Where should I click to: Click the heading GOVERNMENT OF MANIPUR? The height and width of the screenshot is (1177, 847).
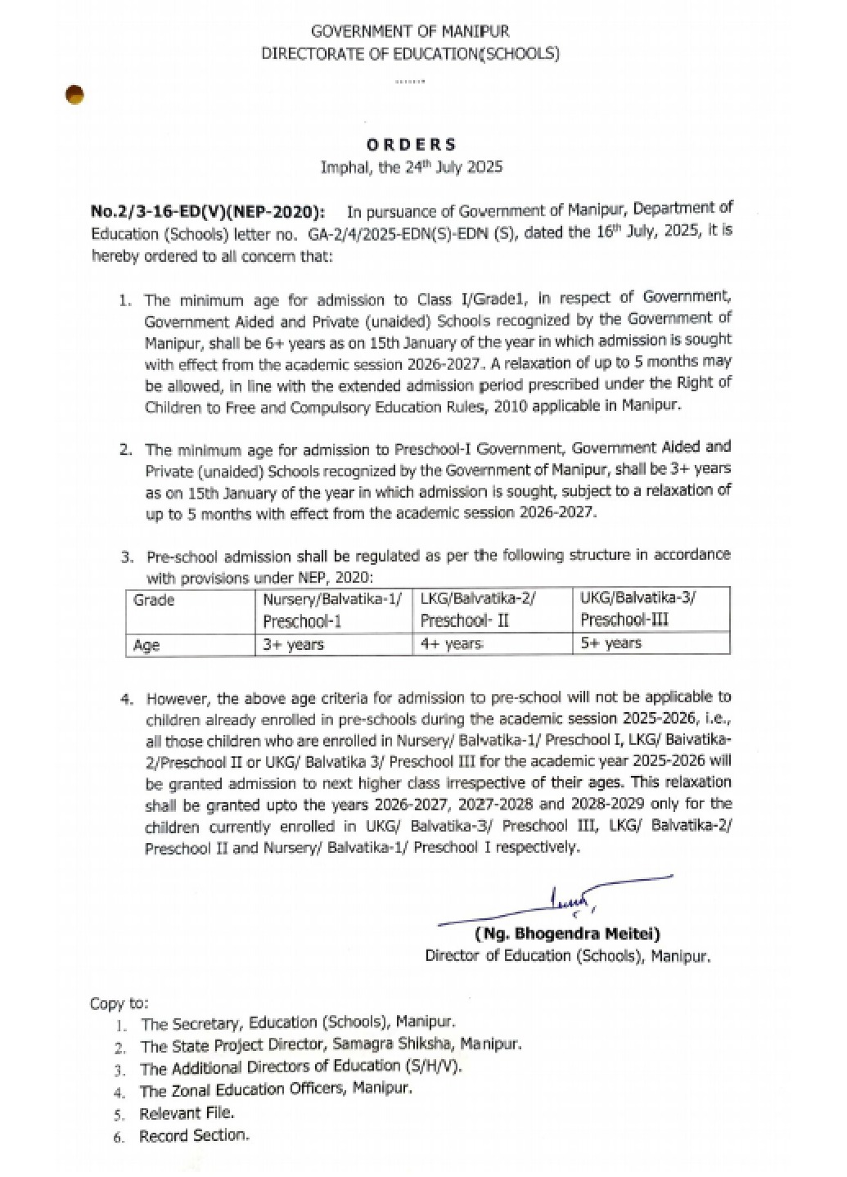click(410, 32)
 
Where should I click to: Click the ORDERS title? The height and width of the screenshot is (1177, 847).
click(412, 145)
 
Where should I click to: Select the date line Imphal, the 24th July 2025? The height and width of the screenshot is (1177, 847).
click(412, 167)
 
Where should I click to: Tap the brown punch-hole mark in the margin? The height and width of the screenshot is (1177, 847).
click(75, 94)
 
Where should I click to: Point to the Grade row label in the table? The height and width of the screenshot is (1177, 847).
click(155, 600)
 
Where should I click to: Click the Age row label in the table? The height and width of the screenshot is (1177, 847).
click(146, 645)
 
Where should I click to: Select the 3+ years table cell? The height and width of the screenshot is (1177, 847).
click(294, 645)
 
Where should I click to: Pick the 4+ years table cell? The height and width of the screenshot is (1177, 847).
click(451, 644)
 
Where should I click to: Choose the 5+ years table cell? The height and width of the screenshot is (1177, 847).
click(611, 643)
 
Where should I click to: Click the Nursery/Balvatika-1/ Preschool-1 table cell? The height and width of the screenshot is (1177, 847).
click(332, 610)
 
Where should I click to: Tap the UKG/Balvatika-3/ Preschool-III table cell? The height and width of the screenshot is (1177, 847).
click(638, 608)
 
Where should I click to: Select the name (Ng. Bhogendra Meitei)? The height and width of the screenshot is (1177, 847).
click(567, 934)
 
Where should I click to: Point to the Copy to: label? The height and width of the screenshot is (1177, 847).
click(119, 1003)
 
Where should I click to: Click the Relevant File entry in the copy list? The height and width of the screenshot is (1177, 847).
click(187, 1113)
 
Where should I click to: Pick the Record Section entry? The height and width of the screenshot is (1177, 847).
click(195, 1135)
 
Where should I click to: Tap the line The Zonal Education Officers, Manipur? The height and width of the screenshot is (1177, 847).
click(276, 1090)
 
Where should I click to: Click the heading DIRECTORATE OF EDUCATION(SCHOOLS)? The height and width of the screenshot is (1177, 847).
click(410, 54)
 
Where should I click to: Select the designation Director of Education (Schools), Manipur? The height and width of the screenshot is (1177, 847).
click(568, 955)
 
